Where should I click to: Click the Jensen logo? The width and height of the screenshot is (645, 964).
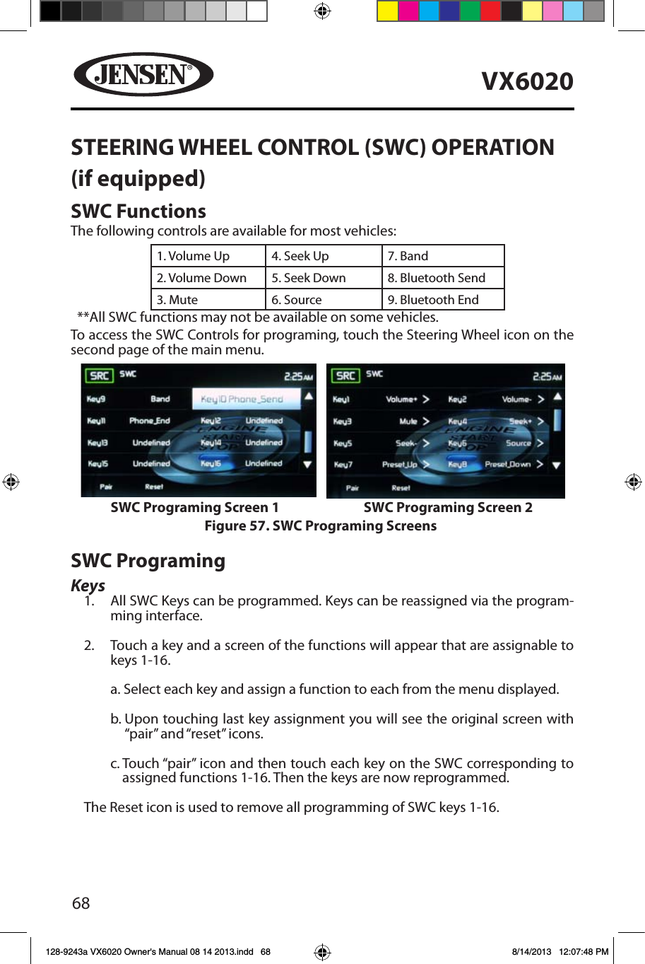(x=143, y=74)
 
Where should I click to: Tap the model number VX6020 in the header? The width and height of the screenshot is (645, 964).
(x=527, y=81)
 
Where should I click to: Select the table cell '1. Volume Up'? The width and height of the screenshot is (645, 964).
(x=208, y=256)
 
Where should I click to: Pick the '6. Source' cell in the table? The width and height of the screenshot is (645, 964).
(x=324, y=300)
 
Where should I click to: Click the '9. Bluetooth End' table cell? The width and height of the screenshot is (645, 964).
(x=443, y=300)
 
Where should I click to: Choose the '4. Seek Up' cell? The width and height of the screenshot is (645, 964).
(x=324, y=256)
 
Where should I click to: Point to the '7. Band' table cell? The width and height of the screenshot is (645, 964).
(x=443, y=256)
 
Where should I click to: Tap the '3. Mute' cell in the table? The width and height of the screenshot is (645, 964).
(x=208, y=300)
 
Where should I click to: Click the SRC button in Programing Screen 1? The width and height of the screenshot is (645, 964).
(x=99, y=376)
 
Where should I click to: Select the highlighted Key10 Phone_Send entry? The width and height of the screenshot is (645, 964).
(x=242, y=399)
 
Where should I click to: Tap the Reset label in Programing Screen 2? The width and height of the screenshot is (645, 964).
(x=401, y=488)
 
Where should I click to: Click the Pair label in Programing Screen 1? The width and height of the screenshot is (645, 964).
(x=106, y=487)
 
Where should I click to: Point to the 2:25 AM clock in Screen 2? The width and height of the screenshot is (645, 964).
(x=547, y=377)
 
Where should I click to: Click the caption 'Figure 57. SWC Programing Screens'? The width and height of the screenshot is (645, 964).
(x=321, y=526)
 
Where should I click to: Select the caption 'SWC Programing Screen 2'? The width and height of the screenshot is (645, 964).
(x=448, y=508)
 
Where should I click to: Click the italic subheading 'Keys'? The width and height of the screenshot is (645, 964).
(x=88, y=586)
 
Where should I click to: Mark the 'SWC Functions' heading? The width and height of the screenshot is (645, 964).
(x=138, y=211)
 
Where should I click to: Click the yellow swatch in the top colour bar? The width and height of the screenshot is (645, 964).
(x=387, y=11)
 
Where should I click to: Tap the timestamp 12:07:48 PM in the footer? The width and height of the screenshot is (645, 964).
(x=583, y=952)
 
